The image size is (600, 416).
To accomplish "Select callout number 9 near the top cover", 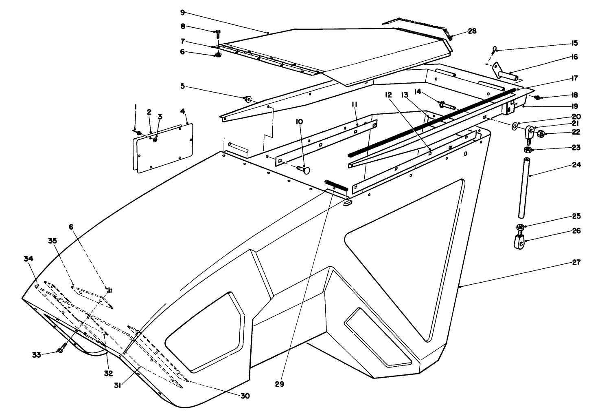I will [x=182, y=13].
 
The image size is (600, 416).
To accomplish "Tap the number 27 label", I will [x=576, y=262].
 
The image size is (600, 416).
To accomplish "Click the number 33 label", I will [x=37, y=355].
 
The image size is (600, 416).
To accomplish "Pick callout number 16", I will [x=574, y=57].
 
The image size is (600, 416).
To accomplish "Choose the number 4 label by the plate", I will [x=183, y=111].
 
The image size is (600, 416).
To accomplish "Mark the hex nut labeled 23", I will [x=526, y=150].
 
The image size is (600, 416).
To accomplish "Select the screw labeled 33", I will [x=61, y=351].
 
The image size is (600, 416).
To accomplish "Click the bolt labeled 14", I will [x=448, y=104].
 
